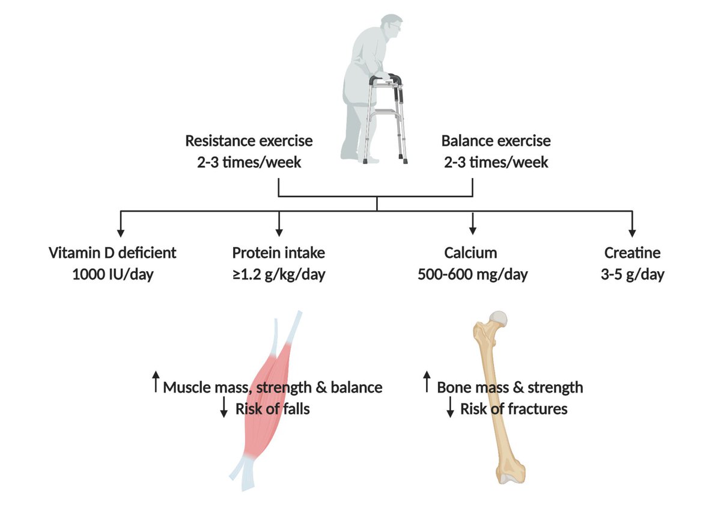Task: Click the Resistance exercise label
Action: [249, 141]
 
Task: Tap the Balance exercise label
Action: [496, 141]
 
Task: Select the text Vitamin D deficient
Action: [112, 252]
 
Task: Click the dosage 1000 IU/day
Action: [112, 275]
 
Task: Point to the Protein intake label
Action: [279, 252]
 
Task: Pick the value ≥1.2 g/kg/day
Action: [279, 275]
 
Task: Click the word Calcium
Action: [472, 252]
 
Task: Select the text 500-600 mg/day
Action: [472, 275]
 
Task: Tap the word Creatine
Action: [631, 252]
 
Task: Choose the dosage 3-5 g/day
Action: [631, 275]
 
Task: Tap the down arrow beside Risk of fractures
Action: [450, 409]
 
